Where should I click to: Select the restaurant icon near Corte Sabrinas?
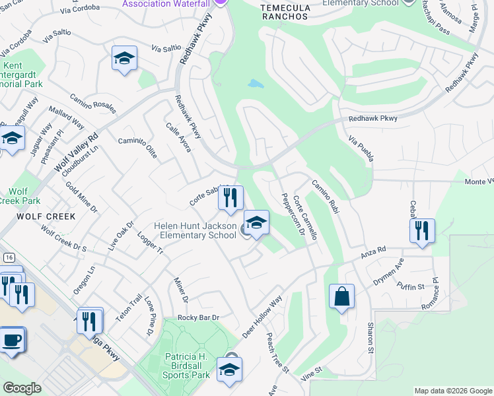click(230, 197)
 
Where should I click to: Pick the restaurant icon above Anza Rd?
click(421, 231)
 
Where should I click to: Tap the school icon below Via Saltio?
click(123, 59)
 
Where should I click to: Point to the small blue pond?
click(255, 84)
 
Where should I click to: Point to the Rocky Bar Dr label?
click(196, 317)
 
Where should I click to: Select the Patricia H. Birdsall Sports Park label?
click(187, 366)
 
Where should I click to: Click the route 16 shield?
click(8, 257)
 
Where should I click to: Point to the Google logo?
click(22, 388)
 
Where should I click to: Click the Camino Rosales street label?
click(92, 104)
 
